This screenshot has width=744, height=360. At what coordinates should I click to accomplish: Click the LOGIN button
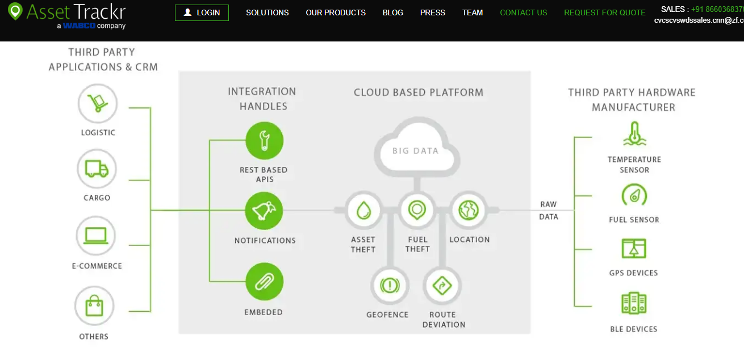[x=202, y=12]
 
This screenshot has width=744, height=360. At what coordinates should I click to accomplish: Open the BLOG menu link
[x=393, y=12]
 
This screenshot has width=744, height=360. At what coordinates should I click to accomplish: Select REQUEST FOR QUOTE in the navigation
[x=605, y=12]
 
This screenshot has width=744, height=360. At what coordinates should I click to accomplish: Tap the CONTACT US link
[x=524, y=12]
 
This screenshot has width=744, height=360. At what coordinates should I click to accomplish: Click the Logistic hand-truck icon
[x=98, y=103]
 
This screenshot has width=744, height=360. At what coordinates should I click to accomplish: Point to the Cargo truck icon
[x=97, y=169]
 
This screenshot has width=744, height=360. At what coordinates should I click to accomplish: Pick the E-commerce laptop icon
[x=96, y=236]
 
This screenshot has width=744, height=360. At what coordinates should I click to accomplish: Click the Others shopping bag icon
[x=94, y=306]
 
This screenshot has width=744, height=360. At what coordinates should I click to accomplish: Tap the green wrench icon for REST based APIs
[x=264, y=140]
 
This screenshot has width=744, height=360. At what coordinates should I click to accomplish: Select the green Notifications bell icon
[x=264, y=211]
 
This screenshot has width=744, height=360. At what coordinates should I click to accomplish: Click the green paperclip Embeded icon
[x=264, y=282]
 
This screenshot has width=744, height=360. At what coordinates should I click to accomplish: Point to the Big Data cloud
[x=416, y=149]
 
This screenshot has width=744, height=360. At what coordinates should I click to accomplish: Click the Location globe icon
[x=469, y=210]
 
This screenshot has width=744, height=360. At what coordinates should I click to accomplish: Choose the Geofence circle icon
[x=389, y=285]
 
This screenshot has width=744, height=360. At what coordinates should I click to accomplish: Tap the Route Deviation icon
[x=442, y=285]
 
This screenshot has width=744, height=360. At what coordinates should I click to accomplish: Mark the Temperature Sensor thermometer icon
[x=634, y=135]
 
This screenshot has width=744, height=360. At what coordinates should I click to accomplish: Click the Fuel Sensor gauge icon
[x=634, y=196]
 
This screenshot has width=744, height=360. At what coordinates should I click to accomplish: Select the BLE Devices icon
[x=634, y=303]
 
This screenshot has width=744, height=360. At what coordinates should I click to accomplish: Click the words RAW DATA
[x=549, y=210]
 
